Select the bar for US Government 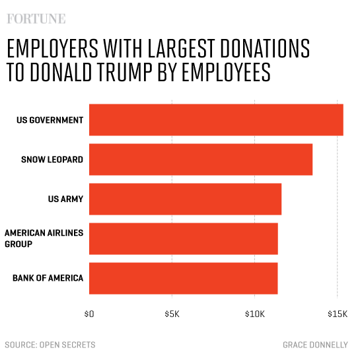pos(216,120)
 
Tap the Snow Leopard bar pos(201,159)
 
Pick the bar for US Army pos(185,199)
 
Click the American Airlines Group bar pos(183,238)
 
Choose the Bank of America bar pos(183,278)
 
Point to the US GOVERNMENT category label pos(50,120)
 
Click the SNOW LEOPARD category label pos(52,159)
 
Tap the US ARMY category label pos(65,199)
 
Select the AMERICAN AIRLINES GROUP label pos(43,238)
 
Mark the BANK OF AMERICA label pos(48,278)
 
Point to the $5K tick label pos(172,313)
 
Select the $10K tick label pos(254,313)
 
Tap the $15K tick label pos(337,313)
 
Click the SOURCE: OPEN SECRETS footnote pos(50,345)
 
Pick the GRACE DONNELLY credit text pos(316,345)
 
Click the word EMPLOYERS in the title pos(53,50)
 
